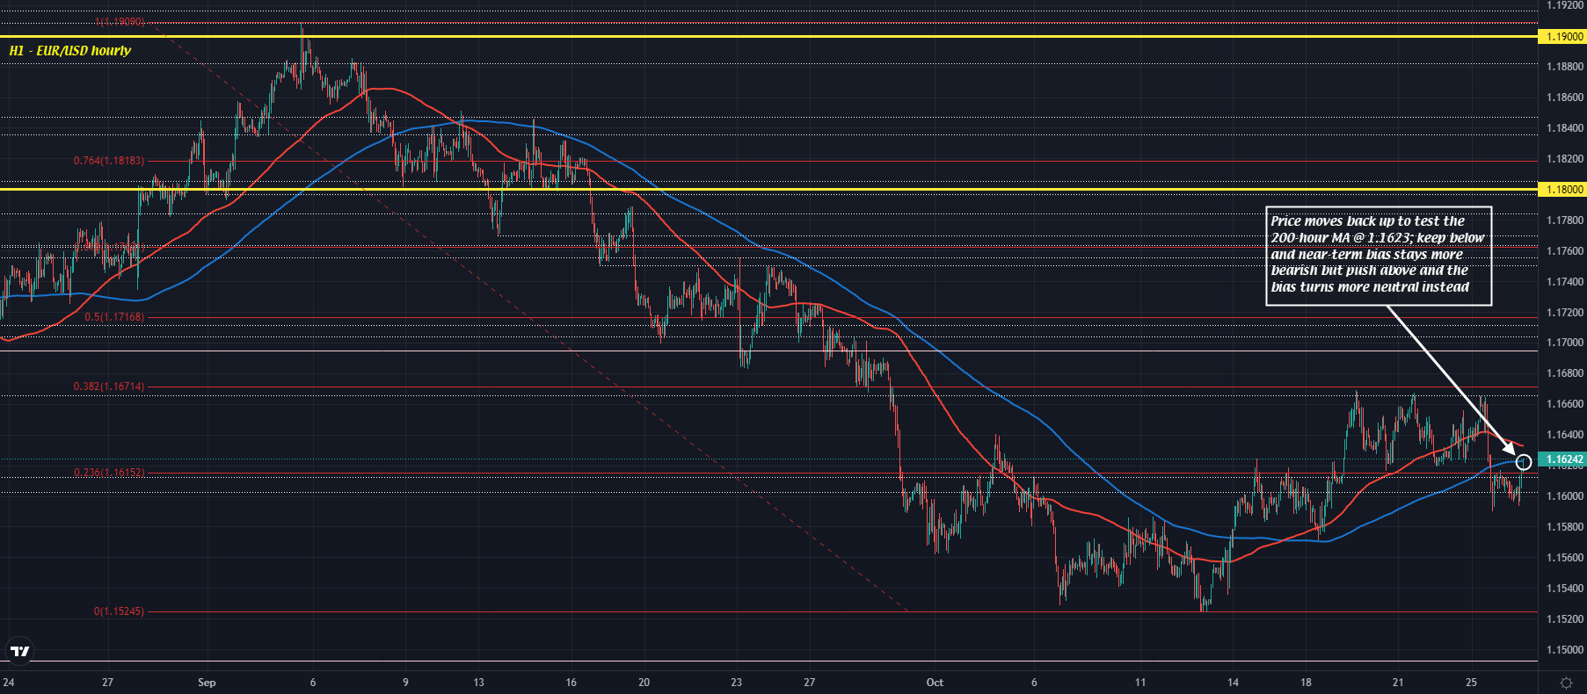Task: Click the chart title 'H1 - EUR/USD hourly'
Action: click(70, 51)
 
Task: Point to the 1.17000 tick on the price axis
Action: click(1565, 343)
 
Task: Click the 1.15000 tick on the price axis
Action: click(1565, 650)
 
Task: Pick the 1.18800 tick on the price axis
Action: click(1565, 67)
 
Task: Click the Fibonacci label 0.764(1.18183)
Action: click(109, 161)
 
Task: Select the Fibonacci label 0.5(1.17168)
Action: click(114, 317)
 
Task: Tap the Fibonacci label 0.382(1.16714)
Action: click(109, 387)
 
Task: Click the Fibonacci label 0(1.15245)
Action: click(119, 611)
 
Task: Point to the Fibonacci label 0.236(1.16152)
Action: click(109, 473)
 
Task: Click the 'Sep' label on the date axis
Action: click(207, 683)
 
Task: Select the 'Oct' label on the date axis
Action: click(935, 683)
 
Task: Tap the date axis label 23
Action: click(737, 683)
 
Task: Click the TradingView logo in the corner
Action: click(19, 652)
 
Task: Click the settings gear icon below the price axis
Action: click(1566, 683)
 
